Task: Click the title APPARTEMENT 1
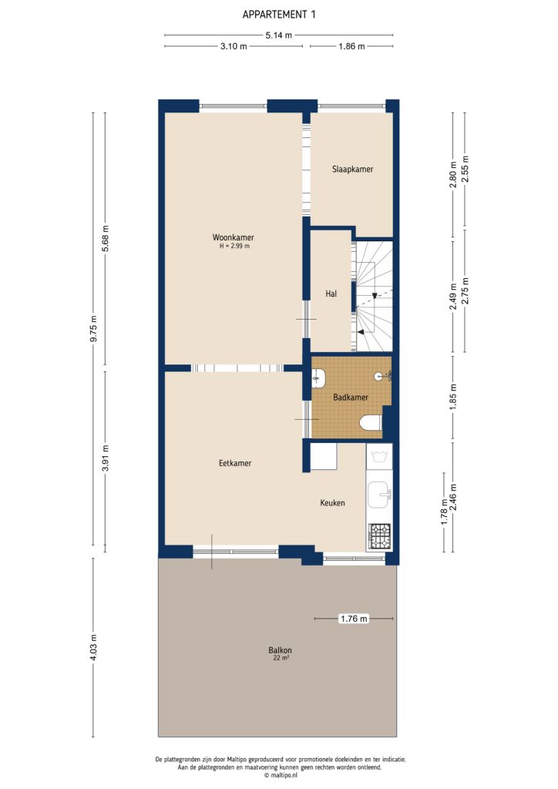click(278, 14)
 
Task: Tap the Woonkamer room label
click(234, 237)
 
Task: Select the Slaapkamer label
click(352, 169)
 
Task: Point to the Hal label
click(331, 294)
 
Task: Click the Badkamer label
click(350, 398)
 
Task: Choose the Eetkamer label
click(235, 463)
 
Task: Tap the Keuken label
click(332, 503)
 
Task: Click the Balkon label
click(281, 650)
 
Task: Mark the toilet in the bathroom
click(370, 422)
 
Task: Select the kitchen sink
click(378, 494)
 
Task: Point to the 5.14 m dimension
click(278, 35)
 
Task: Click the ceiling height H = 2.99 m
click(234, 247)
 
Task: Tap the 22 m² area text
click(281, 659)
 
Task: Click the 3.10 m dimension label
click(234, 47)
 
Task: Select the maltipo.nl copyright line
click(279, 775)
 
